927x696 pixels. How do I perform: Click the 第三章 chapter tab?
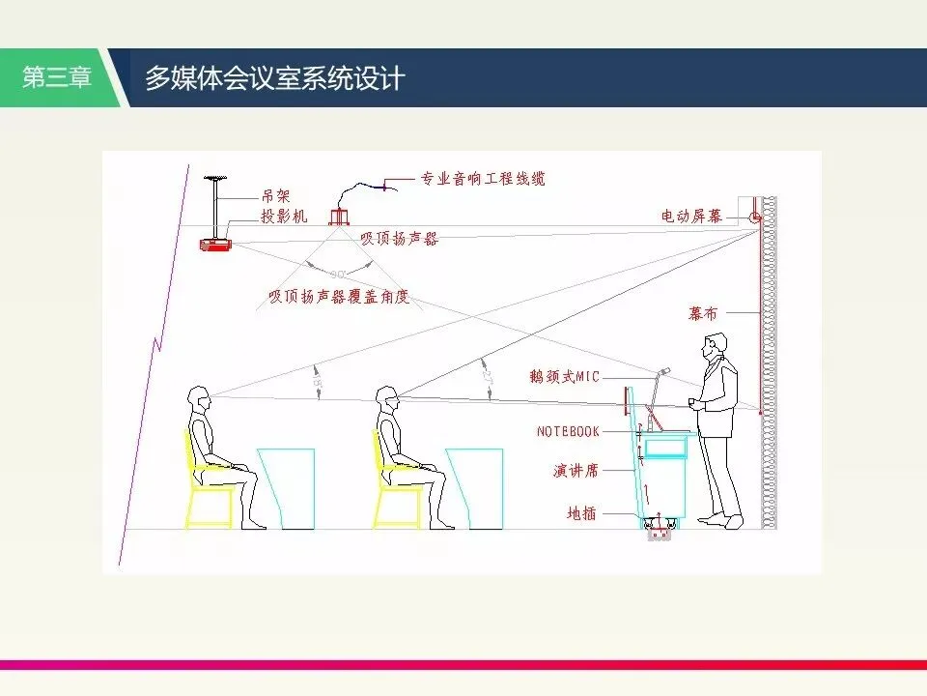coord(56,78)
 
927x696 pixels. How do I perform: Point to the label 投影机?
coord(284,217)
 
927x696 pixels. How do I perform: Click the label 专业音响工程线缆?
coord(483,179)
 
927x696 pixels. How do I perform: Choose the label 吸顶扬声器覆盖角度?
coord(339,297)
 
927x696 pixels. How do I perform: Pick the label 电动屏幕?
coord(691,216)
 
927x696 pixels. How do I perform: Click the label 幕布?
coord(704,314)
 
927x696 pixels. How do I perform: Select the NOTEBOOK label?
coord(568,431)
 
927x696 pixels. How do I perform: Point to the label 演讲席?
coord(576,471)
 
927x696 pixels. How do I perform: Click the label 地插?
coord(581,514)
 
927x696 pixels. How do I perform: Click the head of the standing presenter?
coord(715,346)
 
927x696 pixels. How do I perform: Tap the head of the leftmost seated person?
coord(200,397)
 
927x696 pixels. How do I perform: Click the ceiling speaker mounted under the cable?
coord(338,217)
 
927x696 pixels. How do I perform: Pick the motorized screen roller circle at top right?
coord(755,217)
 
